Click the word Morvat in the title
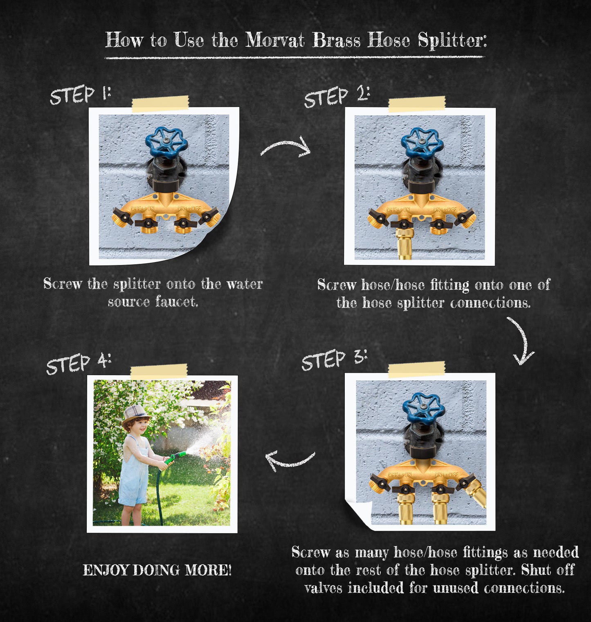point(275,40)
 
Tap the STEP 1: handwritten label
point(80,95)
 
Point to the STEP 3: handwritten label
point(334,360)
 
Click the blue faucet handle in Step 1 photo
point(166,142)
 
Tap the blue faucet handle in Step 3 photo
point(423,408)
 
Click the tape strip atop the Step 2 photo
point(417,104)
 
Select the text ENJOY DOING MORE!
point(157,570)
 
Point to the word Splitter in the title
point(452,41)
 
